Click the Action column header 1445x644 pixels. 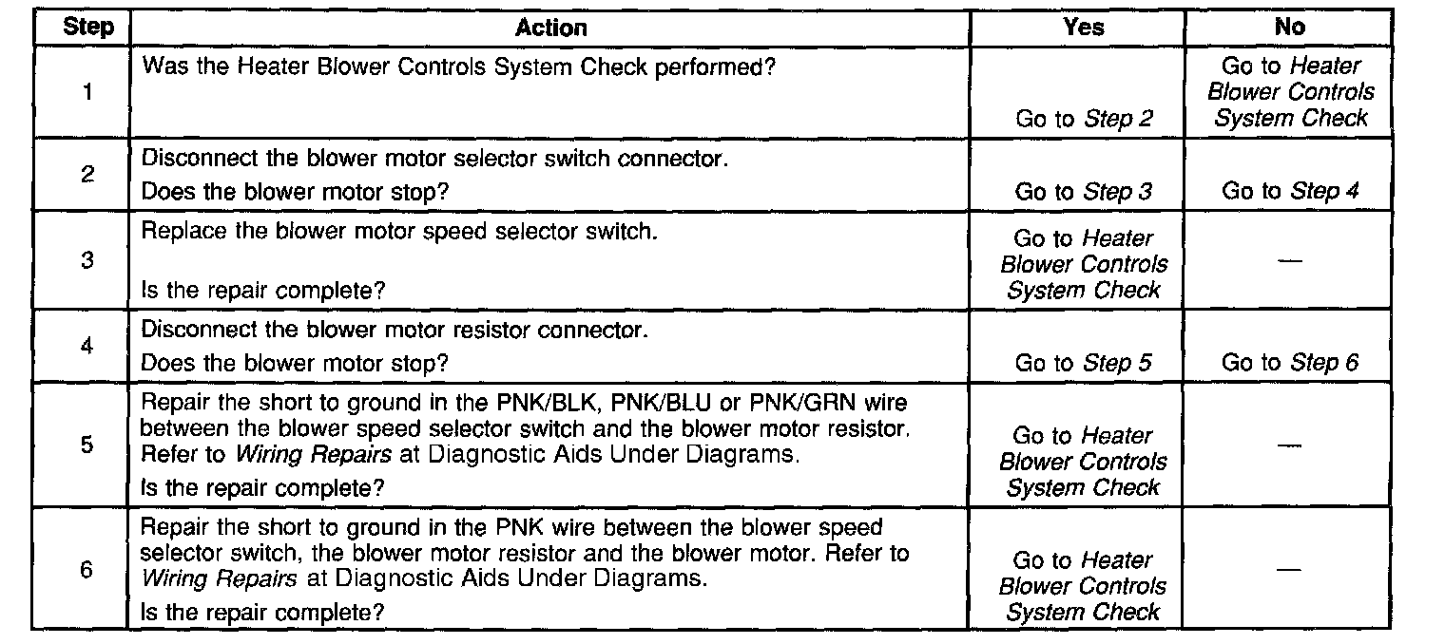(x=550, y=28)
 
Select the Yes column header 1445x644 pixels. (x=1083, y=27)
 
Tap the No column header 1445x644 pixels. (x=1290, y=27)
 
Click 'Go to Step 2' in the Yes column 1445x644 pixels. (x=1084, y=120)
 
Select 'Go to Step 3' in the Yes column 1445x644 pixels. (x=1084, y=192)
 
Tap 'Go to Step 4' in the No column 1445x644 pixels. (x=1290, y=191)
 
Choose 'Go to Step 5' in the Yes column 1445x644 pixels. (x=1084, y=363)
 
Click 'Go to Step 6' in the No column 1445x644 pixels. (x=1290, y=362)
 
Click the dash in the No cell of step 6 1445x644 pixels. (x=1290, y=569)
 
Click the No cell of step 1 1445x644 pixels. (x=1290, y=92)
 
